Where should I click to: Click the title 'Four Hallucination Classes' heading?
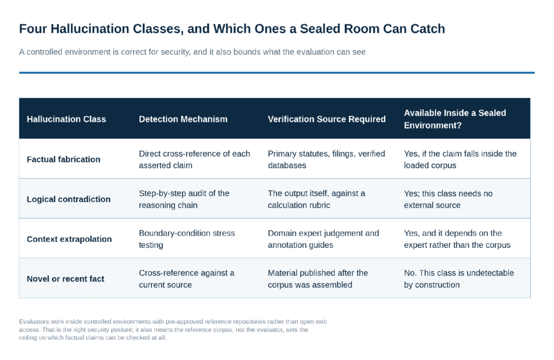click(232, 29)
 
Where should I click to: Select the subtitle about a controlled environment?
click(192, 52)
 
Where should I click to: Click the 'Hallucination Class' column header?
click(67, 119)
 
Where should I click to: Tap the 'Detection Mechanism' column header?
click(183, 119)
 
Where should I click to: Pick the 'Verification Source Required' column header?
click(326, 119)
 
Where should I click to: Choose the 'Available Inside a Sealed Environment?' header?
click(455, 119)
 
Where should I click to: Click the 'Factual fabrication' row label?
click(64, 160)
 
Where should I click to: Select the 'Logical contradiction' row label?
click(69, 199)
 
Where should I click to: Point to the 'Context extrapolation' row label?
click(69, 239)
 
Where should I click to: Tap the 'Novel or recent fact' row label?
click(65, 279)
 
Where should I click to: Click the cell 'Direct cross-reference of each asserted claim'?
click(194, 160)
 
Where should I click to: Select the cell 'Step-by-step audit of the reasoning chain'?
click(184, 199)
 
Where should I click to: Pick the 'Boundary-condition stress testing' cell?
click(187, 239)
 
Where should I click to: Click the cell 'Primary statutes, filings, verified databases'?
click(326, 160)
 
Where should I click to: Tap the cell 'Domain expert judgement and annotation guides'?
click(324, 239)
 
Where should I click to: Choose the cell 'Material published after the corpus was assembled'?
click(318, 279)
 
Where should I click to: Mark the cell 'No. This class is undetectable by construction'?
click(459, 279)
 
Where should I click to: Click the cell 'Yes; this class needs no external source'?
click(449, 199)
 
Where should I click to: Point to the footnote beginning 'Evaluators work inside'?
click(173, 330)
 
